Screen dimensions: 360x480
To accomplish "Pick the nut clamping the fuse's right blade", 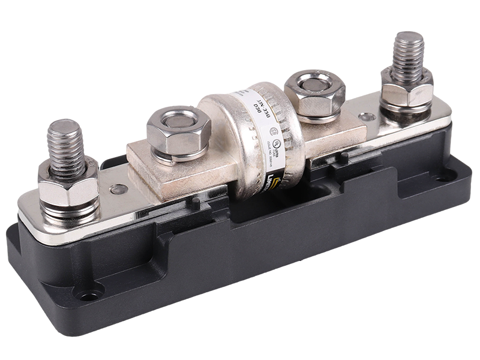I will point(314,93).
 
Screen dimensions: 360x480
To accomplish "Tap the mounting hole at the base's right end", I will point(444,177).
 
